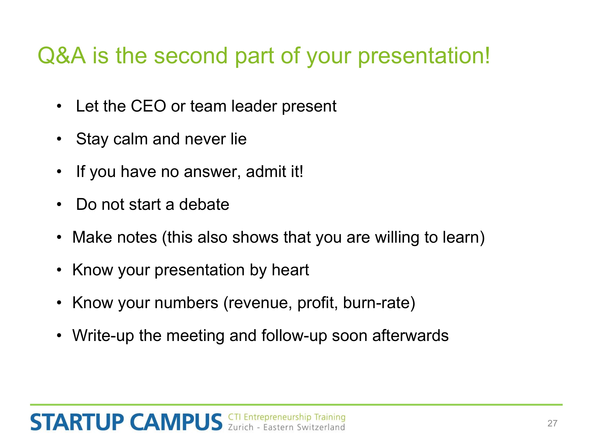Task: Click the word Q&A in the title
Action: point(62,56)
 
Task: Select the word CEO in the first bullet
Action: point(148,106)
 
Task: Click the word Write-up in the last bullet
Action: point(103,336)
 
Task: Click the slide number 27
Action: point(552,423)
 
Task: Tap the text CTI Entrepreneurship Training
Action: point(287,417)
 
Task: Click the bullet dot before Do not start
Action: point(59,205)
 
